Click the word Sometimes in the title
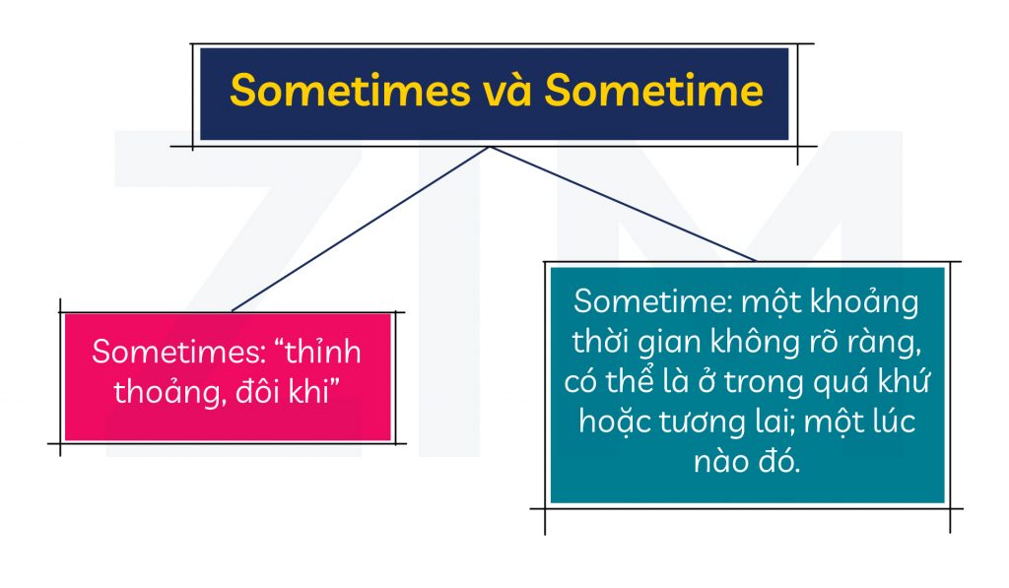(x=350, y=91)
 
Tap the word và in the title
(x=507, y=91)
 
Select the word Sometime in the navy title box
(x=654, y=91)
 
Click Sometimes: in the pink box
(x=179, y=352)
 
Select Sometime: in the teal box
(x=652, y=301)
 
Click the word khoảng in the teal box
(x=864, y=302)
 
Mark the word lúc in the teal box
(x=891, y=422)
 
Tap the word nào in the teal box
(x=715, y=462)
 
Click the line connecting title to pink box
(x=361, y=229)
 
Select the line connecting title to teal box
(x=623, y=204)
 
